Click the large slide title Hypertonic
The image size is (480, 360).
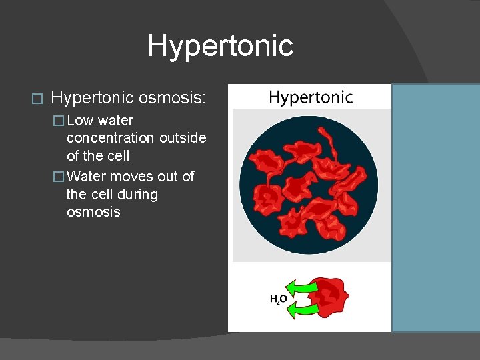[220, 46]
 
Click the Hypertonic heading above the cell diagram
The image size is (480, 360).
[310, 97]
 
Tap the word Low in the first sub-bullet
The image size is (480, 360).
[80, 121]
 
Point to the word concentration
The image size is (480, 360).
[109, 138]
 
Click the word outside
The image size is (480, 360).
[183, 138]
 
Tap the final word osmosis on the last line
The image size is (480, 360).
[93, 212]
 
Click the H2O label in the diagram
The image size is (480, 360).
[278, 299]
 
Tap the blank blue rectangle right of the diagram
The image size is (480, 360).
[435, 207]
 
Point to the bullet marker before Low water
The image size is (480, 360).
[59, 121]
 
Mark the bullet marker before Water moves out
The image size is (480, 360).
[59, 177]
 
